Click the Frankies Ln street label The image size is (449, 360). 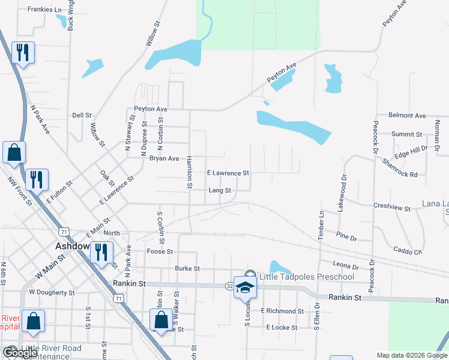point(45,10)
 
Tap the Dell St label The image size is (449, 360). point(82,115)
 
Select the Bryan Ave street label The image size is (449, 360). point(164,158)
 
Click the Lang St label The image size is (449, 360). point(220,190)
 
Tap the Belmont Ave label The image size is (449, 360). point(407,115)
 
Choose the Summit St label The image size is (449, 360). point(407,134)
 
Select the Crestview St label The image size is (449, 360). point(391,208)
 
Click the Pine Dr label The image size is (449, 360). point(346,236)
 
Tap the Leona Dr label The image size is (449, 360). point(346,266)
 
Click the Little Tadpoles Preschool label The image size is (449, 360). point(306,277)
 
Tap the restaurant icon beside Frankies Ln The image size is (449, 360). point(23,52)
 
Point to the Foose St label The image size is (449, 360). point(160,252)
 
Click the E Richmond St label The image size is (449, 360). point(282,311)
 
